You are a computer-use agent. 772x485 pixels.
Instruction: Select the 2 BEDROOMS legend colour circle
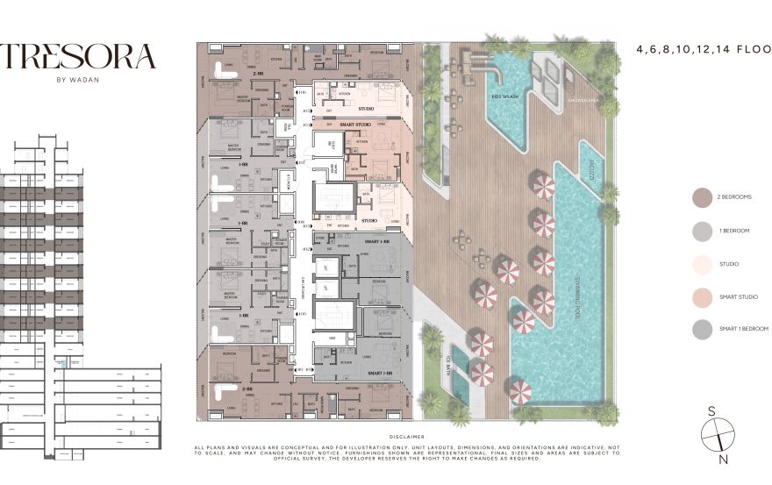point(701,197)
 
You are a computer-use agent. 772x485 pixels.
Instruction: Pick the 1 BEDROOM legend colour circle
point(701,230)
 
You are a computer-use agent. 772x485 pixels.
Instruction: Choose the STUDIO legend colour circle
point(701,263)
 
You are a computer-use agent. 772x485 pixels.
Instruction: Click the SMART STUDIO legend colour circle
point(701,296)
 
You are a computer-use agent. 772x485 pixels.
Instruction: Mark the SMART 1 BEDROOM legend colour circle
point(701,329)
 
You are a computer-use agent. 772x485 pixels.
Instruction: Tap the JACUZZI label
point(592,168)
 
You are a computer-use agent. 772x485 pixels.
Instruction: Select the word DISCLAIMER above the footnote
point(405,436)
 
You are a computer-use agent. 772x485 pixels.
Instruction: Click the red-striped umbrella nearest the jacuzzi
point(543,185)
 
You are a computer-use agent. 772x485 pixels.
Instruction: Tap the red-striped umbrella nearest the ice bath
point(482,373)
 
